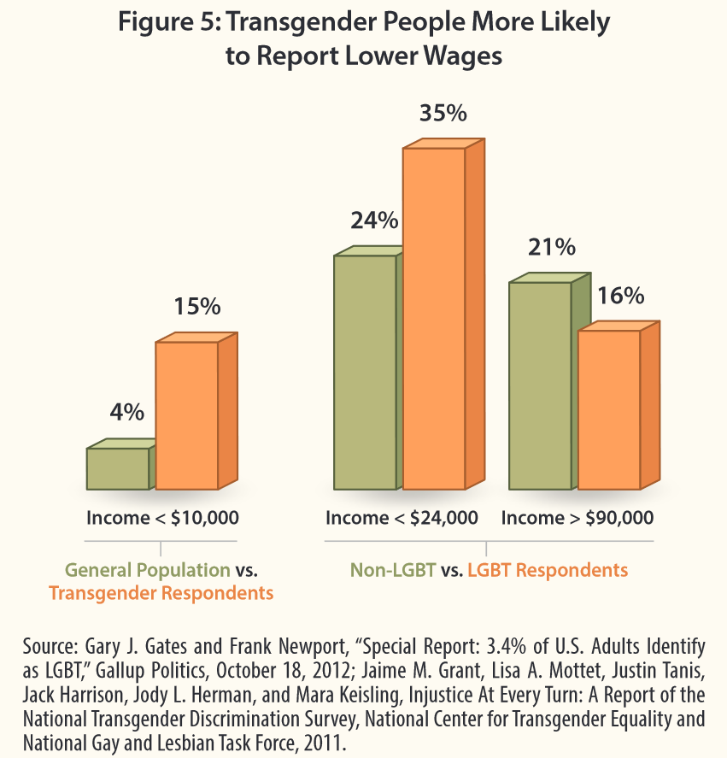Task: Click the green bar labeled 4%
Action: coord(118,468)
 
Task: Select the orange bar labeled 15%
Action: coord(186,415)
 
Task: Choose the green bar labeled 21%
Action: coord(539,386)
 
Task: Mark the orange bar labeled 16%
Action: coord(609,410)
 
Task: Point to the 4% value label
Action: coord(126,412)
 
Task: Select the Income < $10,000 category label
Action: coord(162,518)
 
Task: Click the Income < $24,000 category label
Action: coord(402,518)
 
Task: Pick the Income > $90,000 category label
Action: coord(577,518)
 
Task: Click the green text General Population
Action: coord(147,570)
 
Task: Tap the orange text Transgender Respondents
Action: coord(161,593)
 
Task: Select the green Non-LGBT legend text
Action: coord(393,570)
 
